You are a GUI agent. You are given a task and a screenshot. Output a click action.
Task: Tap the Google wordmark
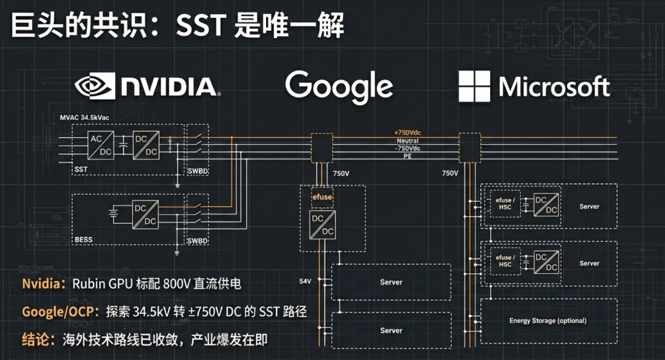[339, 87]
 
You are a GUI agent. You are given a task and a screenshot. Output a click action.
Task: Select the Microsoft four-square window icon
[474, 86]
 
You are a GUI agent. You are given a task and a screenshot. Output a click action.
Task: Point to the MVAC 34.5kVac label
[85, 116]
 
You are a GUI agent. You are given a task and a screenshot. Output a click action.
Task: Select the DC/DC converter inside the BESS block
[145, 215]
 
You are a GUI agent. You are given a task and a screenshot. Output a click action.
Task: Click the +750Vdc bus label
[407, 133]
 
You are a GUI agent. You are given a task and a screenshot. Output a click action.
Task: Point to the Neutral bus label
[407, 141]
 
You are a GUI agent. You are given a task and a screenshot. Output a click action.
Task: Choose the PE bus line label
[407, 156]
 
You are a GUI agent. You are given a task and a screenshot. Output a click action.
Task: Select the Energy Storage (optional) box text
[547, 321]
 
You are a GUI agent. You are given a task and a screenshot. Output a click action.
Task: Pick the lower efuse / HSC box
[504, 261]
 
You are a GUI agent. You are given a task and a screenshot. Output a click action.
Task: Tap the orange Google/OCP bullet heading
[59, 311]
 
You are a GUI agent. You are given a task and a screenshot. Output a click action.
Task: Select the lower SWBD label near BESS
[197, 240]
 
